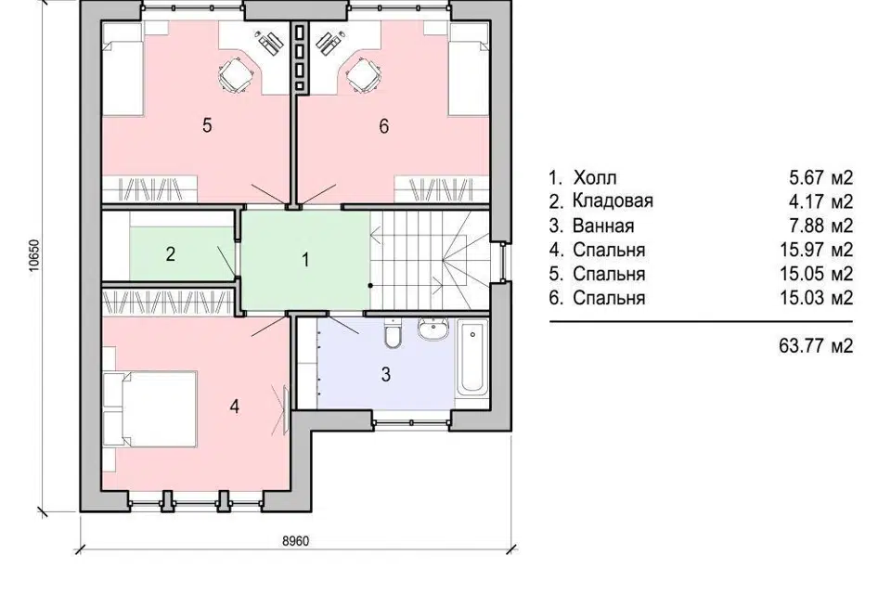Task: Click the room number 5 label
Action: click(x=207, y=124)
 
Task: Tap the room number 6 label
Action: click(x=384, y=125)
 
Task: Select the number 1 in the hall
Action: click(x=305, y=260)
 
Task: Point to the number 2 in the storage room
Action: click(x=171, y=254)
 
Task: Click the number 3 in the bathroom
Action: click(x=386, y=375)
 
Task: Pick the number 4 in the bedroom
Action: click(x=234, y=407)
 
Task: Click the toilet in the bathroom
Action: click(x=393, y=333)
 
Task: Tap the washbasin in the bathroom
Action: click(x=434, y=329)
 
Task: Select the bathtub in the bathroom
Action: click(x=472, y=357)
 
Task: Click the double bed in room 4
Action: click(x=150, y=409)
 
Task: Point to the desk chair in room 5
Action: click(x=236, y=74)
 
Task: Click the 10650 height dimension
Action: click(x=34, y=257)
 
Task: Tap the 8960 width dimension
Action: click(x=295, y=540)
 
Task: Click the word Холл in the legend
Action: click(x=594, y=178)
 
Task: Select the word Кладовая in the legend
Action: click(x=613, y=201)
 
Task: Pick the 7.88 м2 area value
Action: click(x=820, y=226)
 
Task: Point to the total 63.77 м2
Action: click(x=816, y=345)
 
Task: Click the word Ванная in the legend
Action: click(x=603, y=226)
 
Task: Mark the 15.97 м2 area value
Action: click(x=816, y=250)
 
